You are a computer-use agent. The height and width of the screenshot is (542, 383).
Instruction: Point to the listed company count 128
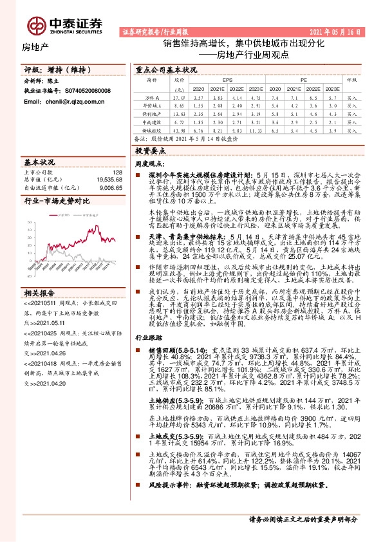click(117, 173)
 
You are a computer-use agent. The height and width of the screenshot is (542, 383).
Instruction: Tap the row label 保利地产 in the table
click(152, 113)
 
